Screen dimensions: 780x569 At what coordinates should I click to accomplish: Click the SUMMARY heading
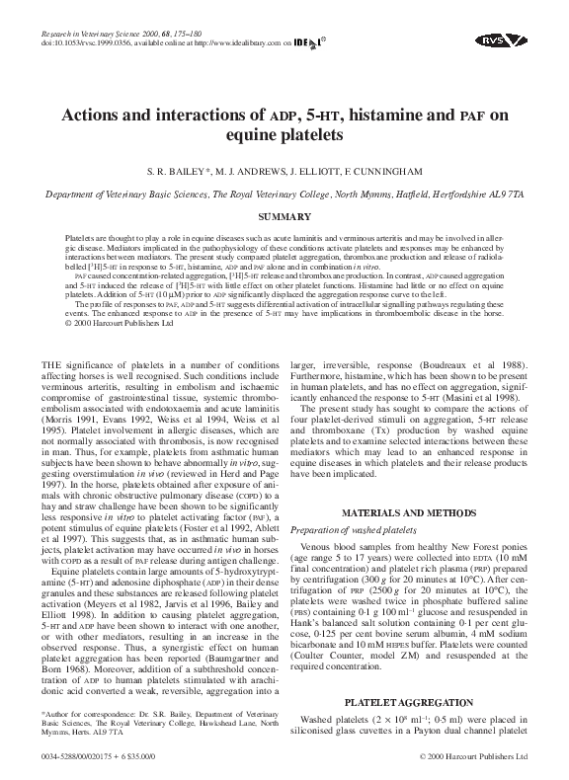284,215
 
